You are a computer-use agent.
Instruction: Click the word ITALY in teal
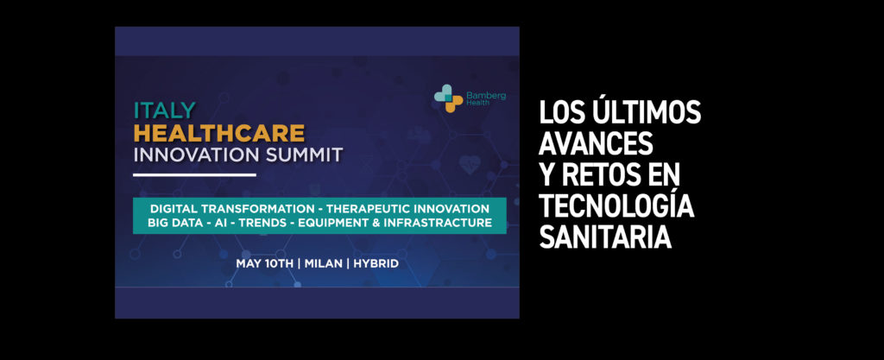pos(165,111)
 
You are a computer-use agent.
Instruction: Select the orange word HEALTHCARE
pos(219,133)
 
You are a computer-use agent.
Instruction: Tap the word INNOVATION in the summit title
pos(193,155)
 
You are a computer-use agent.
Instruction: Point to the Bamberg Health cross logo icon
pos(448,98)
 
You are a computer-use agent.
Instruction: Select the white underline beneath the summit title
pos(194,174)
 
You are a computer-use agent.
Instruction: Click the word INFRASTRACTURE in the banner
pos(438,223)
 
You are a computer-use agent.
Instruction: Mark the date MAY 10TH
pos(264,263)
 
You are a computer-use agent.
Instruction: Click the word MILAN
pos(323,263)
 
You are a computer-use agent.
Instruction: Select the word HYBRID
pos(376,263)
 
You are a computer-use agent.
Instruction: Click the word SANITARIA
pos(605,237)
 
